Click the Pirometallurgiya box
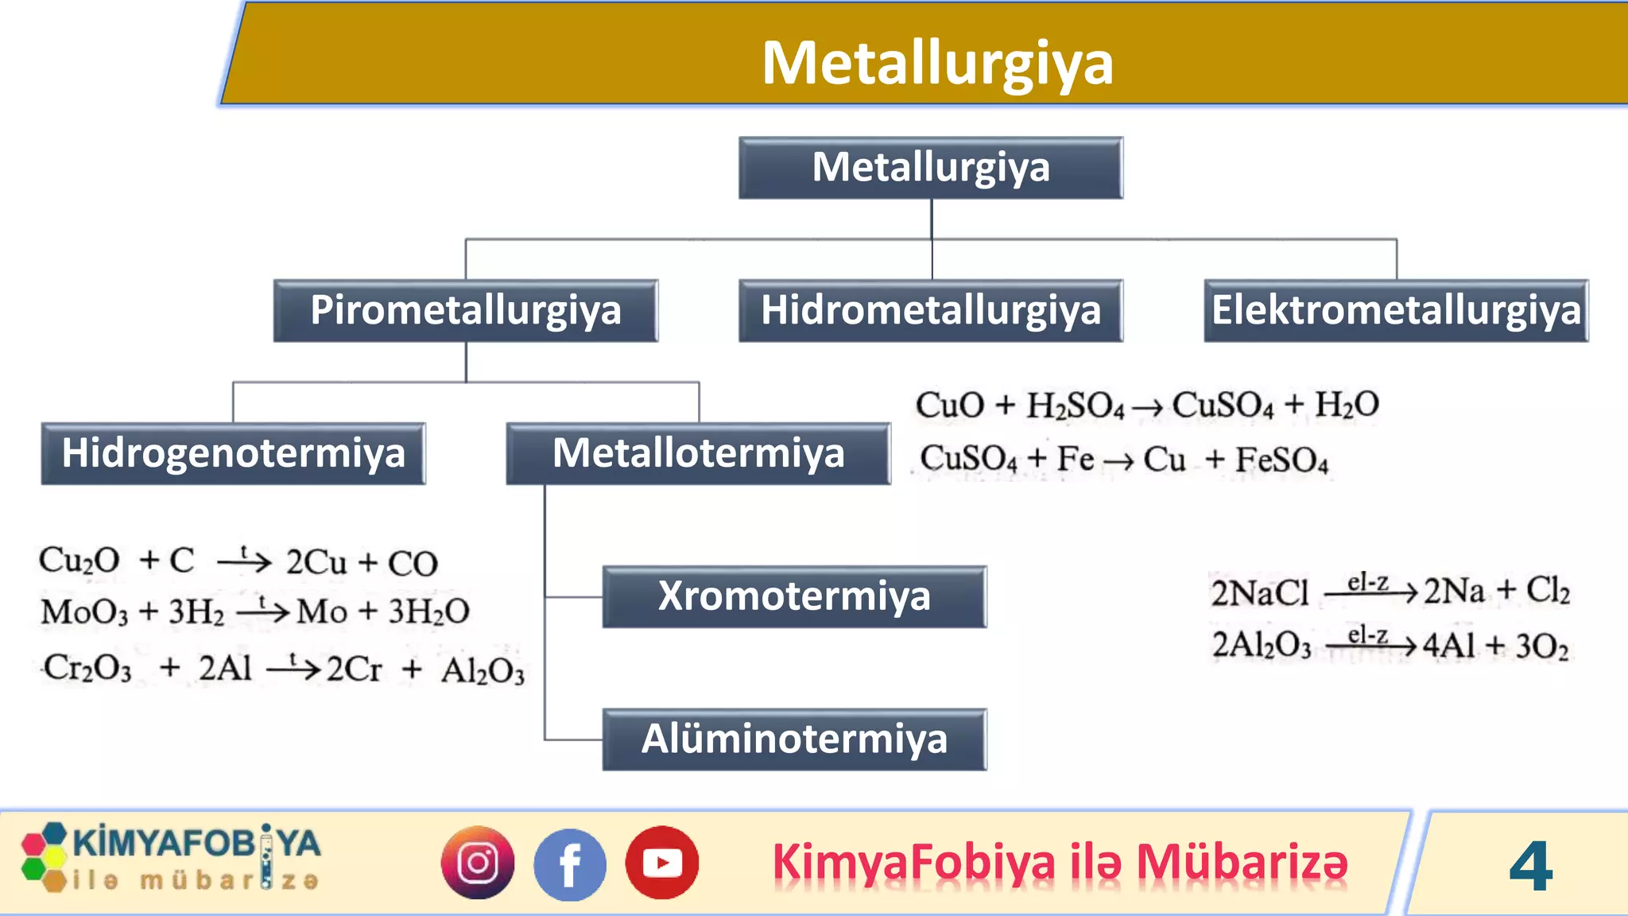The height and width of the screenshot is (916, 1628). tap(466, 310)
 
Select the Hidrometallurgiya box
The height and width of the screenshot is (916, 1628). tap(931, 310)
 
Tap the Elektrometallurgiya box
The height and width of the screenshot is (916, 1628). tap(1396, 310)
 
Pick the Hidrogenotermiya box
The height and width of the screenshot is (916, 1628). tap(233, 453)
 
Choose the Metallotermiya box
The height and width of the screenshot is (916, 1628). tap(698, 453)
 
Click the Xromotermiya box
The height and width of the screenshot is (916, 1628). tap(794, 596)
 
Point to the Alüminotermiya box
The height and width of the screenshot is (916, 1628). tap(794, 739)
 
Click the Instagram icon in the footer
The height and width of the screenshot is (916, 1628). tap(478, 863)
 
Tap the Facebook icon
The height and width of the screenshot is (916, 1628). tap(570, 864)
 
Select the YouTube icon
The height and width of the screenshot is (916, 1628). tap(662, 863)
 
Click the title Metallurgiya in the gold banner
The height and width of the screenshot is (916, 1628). tap(937, 63)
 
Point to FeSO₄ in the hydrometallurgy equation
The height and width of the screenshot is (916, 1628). tap(1281, 460)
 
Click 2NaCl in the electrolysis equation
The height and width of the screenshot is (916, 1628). tap(1259, 593)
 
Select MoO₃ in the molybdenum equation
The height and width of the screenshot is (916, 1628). tap(84, 612)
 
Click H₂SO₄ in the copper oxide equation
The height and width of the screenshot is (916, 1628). tap(1075, 406)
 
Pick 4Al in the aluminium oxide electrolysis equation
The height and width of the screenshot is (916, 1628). tap(1448, 645)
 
